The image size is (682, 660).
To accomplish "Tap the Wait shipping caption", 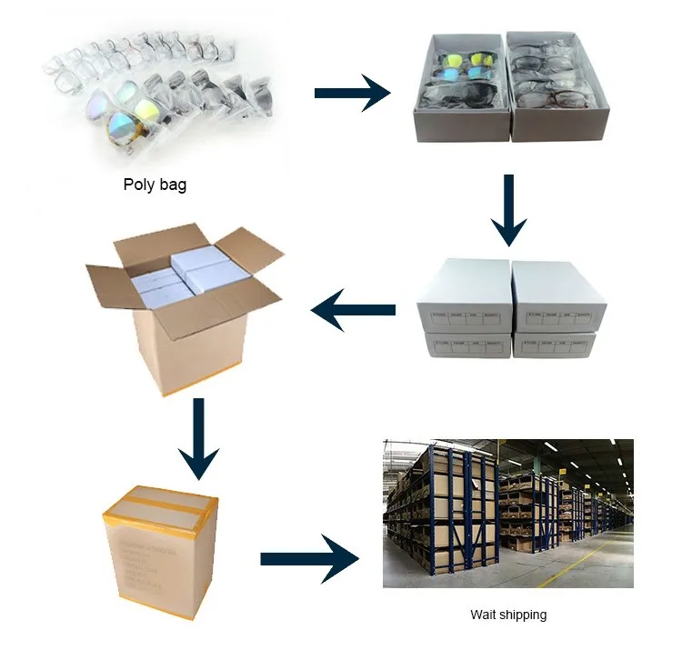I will [508, 615].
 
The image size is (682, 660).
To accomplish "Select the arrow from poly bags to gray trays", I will [352, 93].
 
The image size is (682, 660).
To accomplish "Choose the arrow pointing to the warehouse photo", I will [309, 557].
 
